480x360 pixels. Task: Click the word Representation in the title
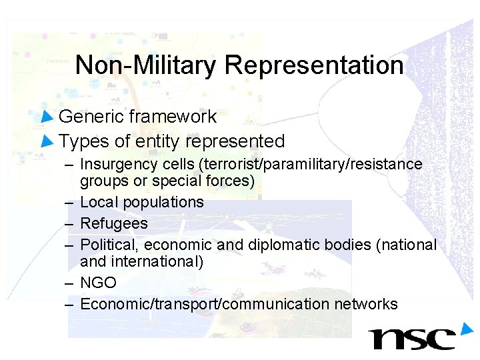pos(314,65)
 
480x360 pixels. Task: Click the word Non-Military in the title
pos(146,65)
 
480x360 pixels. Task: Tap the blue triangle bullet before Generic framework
pos(47,117)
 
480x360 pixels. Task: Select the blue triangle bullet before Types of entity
pos(47,141)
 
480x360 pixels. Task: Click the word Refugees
pos(114,223)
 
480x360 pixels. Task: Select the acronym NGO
pos(98,283)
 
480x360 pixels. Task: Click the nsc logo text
pos(413,339)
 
